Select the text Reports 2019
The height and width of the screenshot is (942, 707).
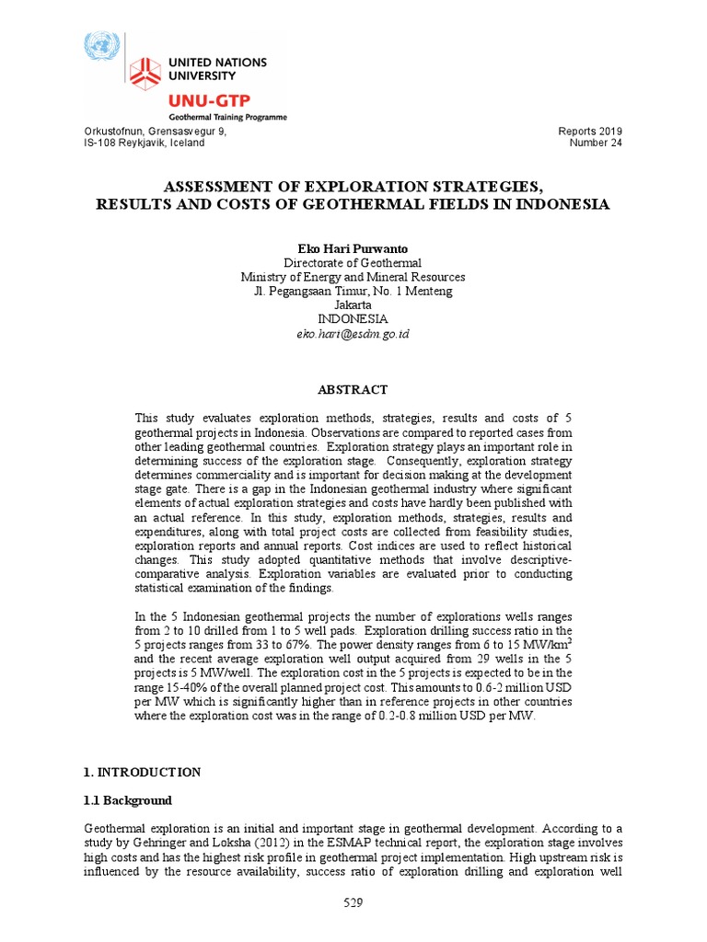coord(590,132)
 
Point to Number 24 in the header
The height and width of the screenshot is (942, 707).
coord(596,144)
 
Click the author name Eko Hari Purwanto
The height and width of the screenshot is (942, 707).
coord(353,249)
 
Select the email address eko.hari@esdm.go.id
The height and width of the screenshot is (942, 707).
coord(353,333)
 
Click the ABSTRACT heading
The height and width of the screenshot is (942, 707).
coord(353,390)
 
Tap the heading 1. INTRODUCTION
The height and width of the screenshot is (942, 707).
coord(142,772)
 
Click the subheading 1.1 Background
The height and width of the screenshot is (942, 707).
coord(128,800)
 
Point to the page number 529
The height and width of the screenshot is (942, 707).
coord(353,903)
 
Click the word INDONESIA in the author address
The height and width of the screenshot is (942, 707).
coord(353,318)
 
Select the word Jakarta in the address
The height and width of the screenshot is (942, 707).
coord(353,304)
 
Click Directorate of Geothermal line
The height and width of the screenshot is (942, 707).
coord(353,263)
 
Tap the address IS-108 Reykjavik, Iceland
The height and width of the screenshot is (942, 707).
coord(145,144)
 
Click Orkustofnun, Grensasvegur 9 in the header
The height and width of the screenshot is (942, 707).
coord(155,132)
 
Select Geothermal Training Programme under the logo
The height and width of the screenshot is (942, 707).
coord(226,117)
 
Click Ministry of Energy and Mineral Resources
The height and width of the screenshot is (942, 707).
coord(353,277)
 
